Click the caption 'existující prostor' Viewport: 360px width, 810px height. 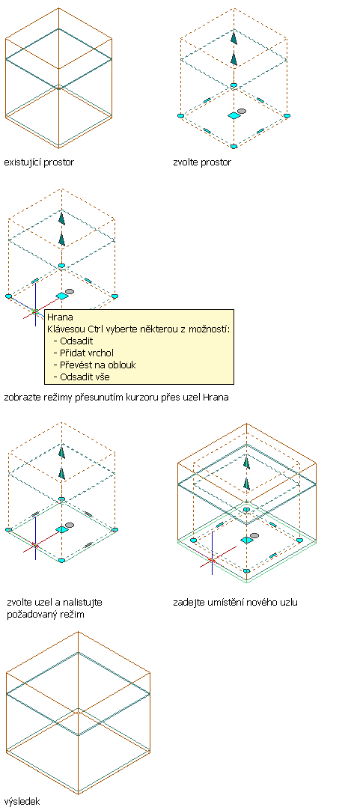coord(39,162)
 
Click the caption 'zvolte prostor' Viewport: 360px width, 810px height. coord(203,162)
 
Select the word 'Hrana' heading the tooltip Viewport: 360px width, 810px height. coord(58,317)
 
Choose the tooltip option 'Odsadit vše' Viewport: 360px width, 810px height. coord(85,377)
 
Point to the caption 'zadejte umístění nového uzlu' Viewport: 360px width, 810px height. coord(236,603)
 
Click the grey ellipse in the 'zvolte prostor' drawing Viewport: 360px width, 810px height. coord(242,111)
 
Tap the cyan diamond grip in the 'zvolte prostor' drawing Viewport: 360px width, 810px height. coord(234,116)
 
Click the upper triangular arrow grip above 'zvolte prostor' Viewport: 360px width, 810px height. coord(234,37)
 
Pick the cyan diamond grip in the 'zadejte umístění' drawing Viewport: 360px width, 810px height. coord(247,540)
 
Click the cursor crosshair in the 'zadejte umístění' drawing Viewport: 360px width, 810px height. coord(213,560)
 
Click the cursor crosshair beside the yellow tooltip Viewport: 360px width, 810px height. coord(35,311)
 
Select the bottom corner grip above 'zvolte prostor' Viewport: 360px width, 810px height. coord(234,147)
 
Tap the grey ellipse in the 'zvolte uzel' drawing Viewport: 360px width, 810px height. coord(70,526)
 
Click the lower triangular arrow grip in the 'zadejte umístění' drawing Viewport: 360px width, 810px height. coord(247,484)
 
